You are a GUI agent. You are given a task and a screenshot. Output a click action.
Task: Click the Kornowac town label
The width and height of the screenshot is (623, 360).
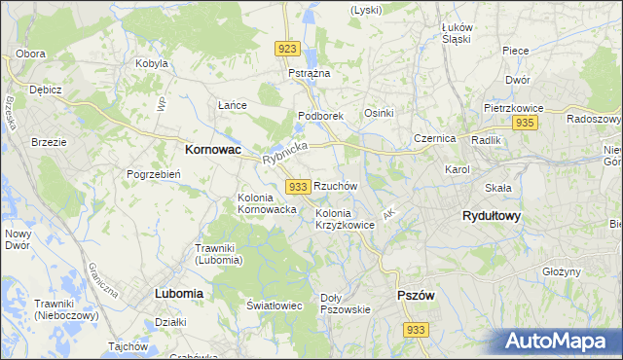212,151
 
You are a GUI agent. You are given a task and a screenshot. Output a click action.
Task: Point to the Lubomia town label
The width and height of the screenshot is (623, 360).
178,292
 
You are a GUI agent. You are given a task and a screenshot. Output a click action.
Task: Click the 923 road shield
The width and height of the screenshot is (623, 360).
286,49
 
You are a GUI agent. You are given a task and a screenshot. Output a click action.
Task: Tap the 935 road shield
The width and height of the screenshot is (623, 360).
525,123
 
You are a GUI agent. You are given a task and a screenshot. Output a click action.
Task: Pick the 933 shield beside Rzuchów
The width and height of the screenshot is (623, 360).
299,186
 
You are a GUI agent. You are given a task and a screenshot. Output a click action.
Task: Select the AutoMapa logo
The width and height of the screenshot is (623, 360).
561,341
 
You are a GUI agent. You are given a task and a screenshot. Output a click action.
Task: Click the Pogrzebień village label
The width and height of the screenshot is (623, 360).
151,174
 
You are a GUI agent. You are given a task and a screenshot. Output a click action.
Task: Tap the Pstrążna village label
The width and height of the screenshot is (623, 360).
310,73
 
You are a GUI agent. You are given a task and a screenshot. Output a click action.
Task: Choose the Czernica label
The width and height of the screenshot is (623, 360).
434,138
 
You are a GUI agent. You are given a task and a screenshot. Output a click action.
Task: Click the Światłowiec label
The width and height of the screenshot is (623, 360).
275,306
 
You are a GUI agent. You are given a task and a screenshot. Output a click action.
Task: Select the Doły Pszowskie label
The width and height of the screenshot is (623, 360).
346,304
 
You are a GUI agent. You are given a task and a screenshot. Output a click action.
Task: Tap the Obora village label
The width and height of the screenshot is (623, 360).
31,54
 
